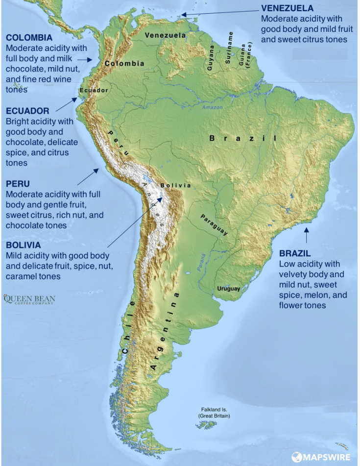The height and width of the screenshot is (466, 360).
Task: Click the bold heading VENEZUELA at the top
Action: click(x=287, y=8)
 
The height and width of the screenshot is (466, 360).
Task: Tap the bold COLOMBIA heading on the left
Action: click(x=29, y=38)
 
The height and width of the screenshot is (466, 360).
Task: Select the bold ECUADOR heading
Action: click(x=27, y=111)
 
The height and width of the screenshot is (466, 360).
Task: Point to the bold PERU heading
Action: click(x=18, y=184)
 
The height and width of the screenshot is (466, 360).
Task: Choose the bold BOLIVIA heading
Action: click(x=23, y=245)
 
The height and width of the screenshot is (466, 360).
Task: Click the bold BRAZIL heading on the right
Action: click(x=295, y=253)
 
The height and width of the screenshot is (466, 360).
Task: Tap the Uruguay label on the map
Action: click(x=229, y=289)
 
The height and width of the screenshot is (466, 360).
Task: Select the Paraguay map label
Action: click(x=215, y=225)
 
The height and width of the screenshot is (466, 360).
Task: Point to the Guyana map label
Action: click(x=212, y=57)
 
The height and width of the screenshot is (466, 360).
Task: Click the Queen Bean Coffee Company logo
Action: click(x=29, y=299)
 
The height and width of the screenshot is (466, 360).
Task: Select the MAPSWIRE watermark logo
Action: click(x=321, y=457)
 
